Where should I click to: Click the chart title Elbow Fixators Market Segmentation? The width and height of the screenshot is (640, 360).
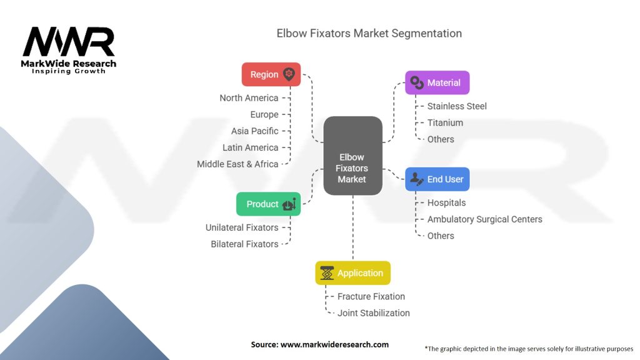click(369, 34)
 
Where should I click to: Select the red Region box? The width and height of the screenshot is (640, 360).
click(271, 74)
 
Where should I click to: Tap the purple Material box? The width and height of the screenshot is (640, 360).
click(437, 82)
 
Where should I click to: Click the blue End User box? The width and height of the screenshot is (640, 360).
click(437, 179)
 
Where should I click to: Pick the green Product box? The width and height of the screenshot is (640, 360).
click(268, 204)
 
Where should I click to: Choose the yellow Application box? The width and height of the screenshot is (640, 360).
click(352, 273)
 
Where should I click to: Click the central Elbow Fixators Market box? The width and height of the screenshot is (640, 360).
click(352, 168)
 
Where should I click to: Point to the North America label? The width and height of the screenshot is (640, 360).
click(249, 98)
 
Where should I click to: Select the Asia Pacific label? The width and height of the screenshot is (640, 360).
click(254, 131)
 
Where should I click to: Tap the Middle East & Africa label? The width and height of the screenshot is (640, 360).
click(237, 164)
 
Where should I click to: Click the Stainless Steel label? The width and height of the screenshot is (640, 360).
click(457, 106)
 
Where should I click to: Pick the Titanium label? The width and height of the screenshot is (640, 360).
click(445, 123)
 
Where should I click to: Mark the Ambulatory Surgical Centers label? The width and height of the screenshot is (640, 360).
click(484, 219)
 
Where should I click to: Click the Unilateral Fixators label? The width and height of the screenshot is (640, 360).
click(242, 227)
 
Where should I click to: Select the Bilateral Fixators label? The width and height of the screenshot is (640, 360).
click(244, 244)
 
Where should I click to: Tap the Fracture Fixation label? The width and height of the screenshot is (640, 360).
click(371, 297)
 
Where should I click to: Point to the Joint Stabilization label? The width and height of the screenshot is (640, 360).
click(374, 313)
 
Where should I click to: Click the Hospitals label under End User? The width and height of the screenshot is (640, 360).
click(446, 203)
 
